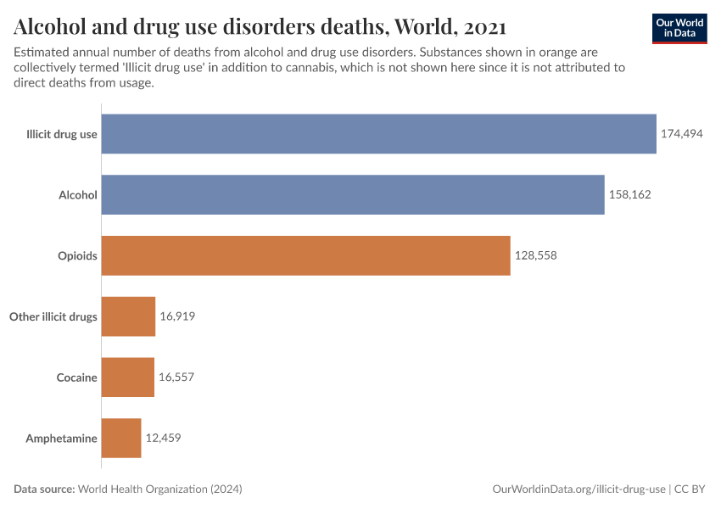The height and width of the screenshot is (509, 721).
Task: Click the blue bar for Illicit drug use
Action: pyautogui.click(x=378, y=133)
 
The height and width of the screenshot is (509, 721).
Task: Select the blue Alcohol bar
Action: pyautogui.click(x=353, y=194)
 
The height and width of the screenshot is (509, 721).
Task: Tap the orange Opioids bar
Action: pyautogui.click(x=305, y=255)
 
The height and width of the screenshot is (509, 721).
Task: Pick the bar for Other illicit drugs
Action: pyautogui.click(x=128, y=316)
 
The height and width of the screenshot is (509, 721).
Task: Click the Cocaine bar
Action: pyautogui.click(x=127, y=378)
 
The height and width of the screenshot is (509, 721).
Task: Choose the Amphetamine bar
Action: pyautogui.click(x=121, y=439)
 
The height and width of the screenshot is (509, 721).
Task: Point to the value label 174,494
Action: pyautogui.click(x=682, y=133)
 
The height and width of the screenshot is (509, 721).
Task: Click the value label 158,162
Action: pyautogui.click(x=629, y=194)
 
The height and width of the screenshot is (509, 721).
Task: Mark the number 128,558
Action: pyautogui.click(x=535, y=255)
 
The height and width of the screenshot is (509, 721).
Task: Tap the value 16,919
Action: pyautogui.click(x=177, y=316)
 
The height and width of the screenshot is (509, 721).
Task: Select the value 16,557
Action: pyautogui.click(x=176, y=378)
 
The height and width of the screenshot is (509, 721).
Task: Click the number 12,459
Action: pyautogui.click(x=163, y=439)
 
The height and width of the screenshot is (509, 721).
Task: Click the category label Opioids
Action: pyautogui.click(x=77, y=255)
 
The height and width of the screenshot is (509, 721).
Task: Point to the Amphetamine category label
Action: pyautogui.click(x=61, y=439)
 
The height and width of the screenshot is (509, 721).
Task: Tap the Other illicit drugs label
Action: pyautogui.click(x=53, y=316)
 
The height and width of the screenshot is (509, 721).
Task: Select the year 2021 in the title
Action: pyautogui.click(x=487, y=26)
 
